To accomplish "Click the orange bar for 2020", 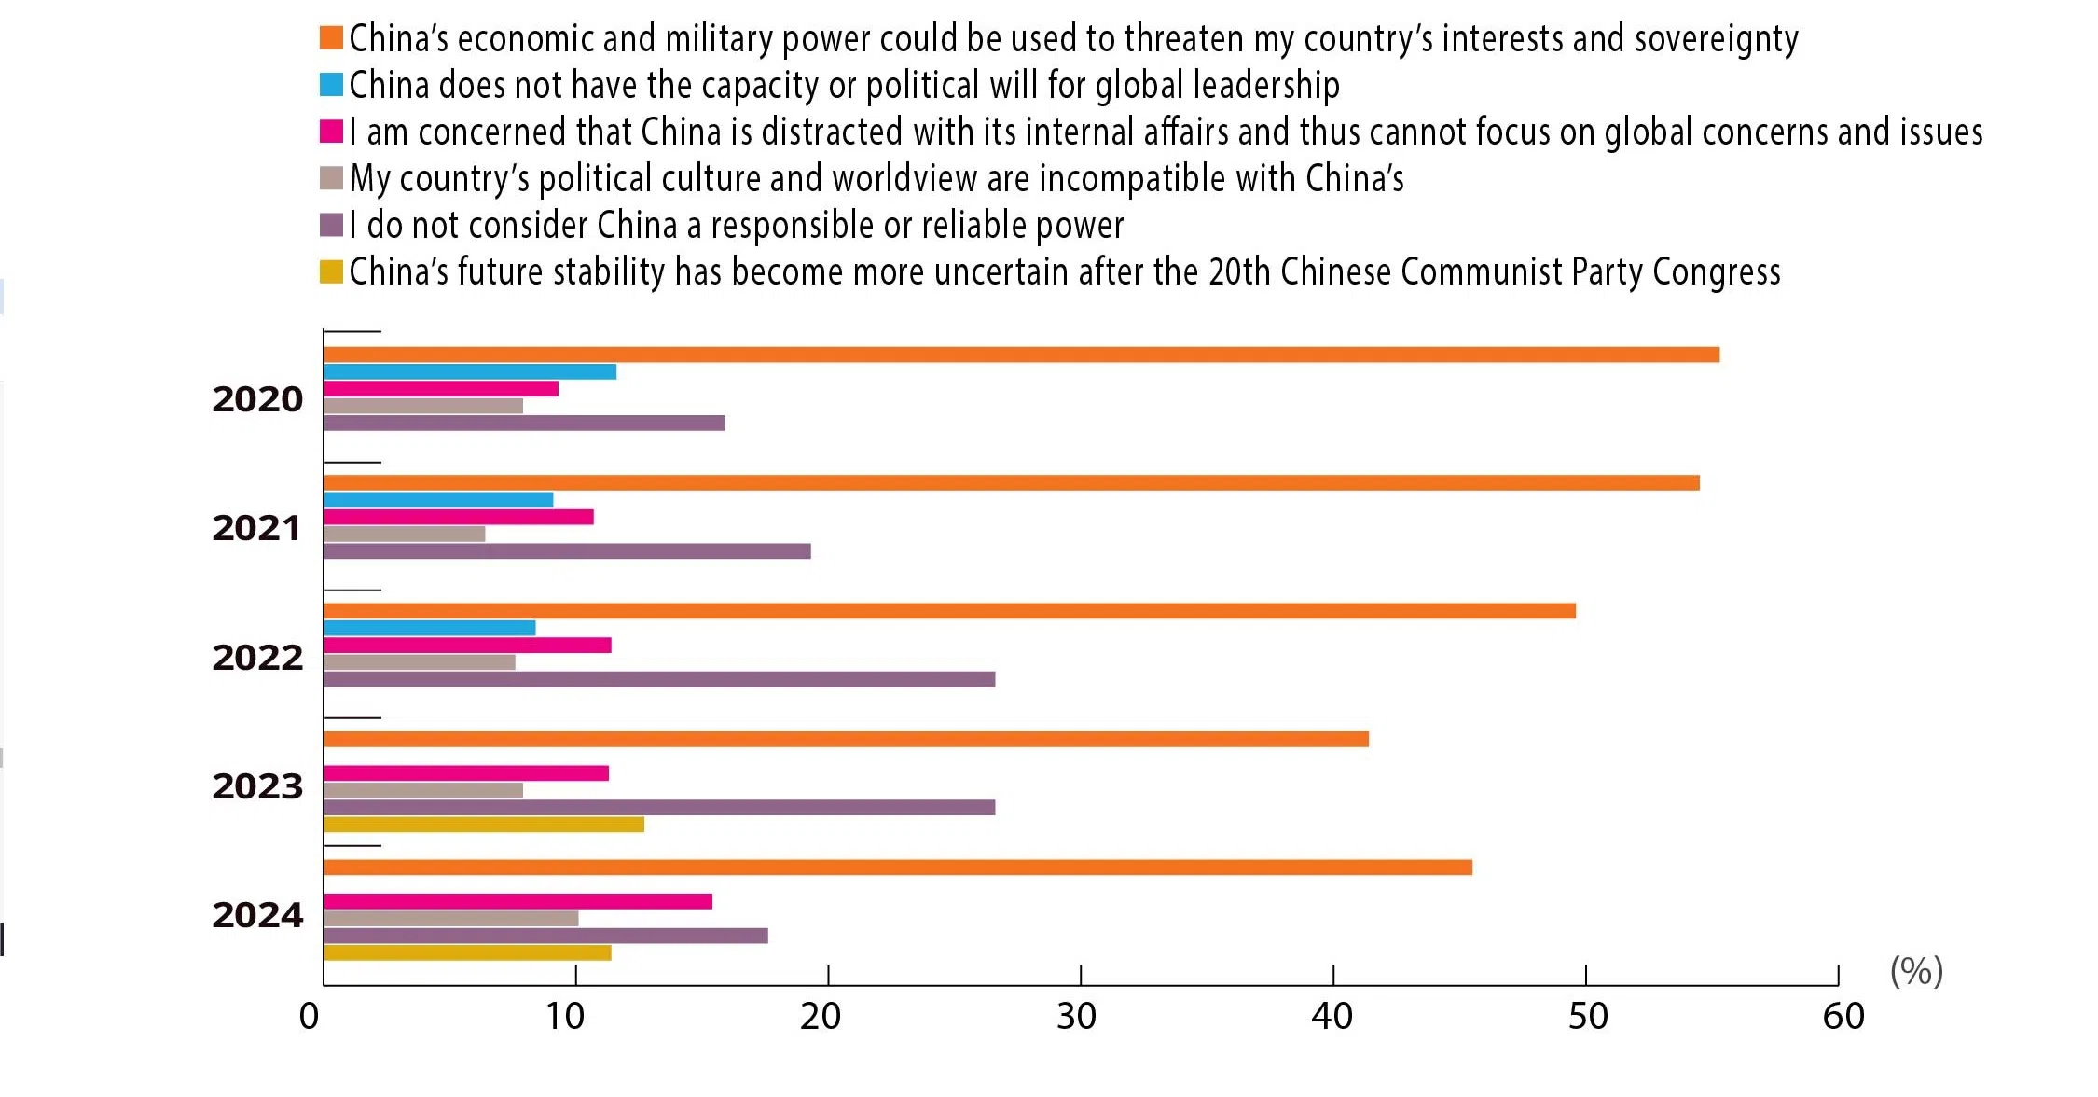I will point(1021,354).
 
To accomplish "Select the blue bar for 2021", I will point(438,500).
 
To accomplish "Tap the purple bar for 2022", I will point(659,679).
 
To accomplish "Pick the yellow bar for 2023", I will point(483,825).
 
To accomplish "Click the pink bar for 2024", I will point(518,901).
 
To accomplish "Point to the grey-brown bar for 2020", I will point(423,406).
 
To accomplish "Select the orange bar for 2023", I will point(846,739).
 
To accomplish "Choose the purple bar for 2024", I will point(545,936).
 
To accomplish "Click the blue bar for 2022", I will point(430,628).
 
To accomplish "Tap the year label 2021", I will point(257,528).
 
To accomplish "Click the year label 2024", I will point(257,915).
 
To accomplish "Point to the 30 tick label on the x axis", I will point(1076,1017).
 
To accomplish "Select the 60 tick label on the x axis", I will point(1843,1017).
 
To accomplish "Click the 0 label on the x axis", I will point(309,1017).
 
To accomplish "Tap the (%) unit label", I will point(1916,971).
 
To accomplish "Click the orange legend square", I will point(331,37).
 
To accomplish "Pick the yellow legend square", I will point(331,271).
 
